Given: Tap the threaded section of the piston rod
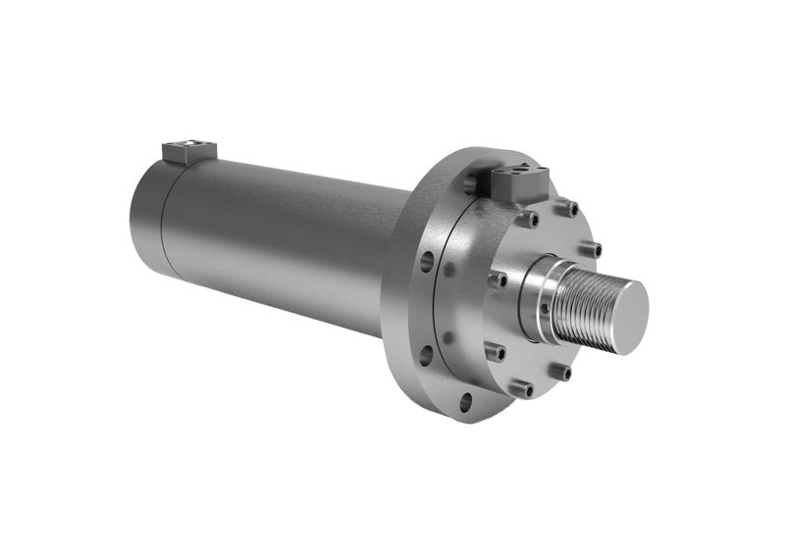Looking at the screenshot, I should point(583,300).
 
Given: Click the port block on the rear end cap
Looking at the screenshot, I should point(189,150).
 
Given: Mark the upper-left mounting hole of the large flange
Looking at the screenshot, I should point(427,262).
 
